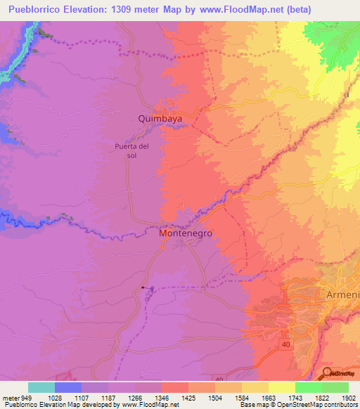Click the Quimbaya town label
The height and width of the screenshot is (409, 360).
(x=160, y=119)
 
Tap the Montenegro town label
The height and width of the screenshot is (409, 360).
(x=186, y=233)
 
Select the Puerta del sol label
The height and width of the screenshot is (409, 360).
(x=132, y=150)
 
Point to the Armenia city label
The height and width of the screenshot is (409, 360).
(x=342, y=295)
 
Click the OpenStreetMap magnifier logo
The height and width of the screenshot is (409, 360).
(x=328, y=373)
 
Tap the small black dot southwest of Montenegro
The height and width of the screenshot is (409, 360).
(x=143, y=287)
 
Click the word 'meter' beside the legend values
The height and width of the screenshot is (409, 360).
(x=11, y=397)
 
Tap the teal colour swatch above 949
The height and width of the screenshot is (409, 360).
(x=41, y=387)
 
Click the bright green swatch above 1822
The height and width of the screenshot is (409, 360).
(x=308, y=387)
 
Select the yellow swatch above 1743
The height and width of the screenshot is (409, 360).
(x=281, y=387)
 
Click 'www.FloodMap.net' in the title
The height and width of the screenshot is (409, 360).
(x=227, y=9)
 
